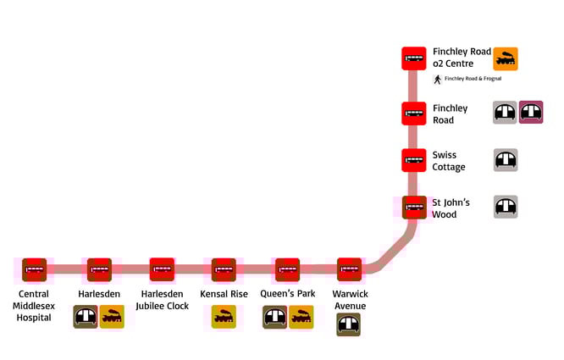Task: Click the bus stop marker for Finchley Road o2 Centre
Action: click(x=414, y=58)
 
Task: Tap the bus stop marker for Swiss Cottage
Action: click(x=414, y=160)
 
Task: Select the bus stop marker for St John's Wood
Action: click(x=414, y=208)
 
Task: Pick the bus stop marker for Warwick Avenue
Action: click(x=350, y=269)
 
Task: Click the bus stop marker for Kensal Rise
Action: click(x=224, y=269)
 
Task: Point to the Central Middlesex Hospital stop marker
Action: click(x=35, y=269)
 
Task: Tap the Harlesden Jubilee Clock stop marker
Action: click(x=162, y=269)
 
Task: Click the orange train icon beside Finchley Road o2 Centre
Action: click(x=506, y=58)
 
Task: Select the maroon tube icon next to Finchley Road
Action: click(x=531, y=113)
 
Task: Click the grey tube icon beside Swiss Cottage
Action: click(x=506, y=160)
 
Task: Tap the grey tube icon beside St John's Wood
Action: click(x=506, y=208)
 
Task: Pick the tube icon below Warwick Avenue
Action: click(x=349, y=324)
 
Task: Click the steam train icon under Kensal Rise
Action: click(x=224, y=317)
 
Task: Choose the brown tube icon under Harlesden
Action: click(x=86, y=317)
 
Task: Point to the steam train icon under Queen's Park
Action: click(x=301, y=317)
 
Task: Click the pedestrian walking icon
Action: click(x=438, y=80)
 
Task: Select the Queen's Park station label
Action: click(x=288, y=294)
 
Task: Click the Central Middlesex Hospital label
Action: click(x=35, y=305)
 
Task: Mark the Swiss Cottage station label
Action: click(x=449, y=161)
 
